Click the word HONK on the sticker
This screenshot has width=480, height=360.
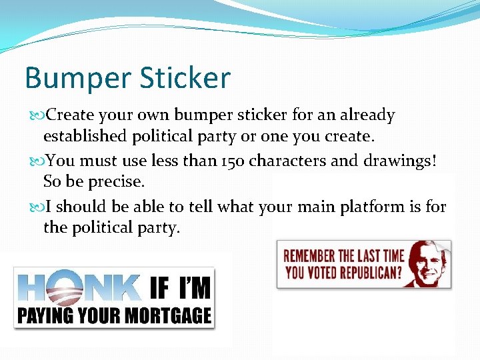pos(81,287)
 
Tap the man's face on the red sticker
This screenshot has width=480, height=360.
pos(429,261)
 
